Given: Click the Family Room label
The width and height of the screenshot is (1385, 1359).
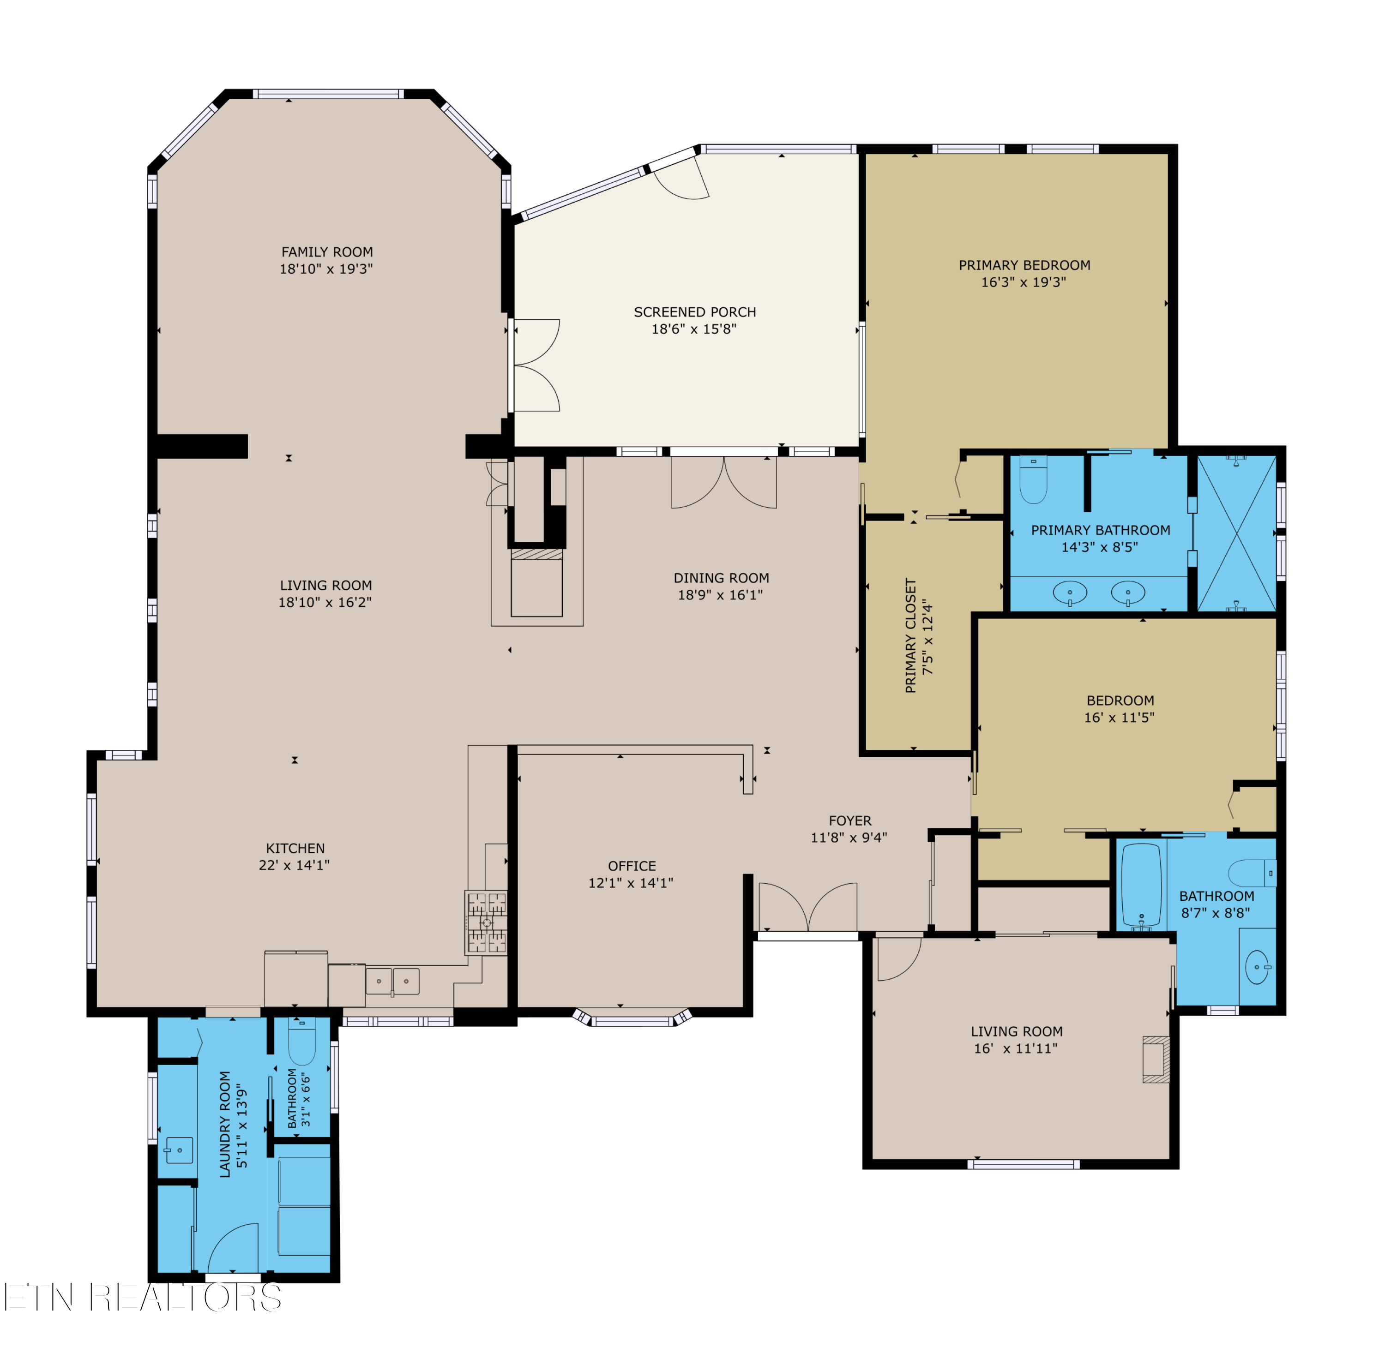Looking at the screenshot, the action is click(x=327, y=252).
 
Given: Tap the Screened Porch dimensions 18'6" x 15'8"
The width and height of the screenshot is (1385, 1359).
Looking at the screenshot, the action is click(x=694, y=329).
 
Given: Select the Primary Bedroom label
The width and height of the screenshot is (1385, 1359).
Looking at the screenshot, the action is click(x=1024, y=265).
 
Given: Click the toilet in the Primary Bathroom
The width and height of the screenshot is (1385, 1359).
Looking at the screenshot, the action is click(x=1033, y=479).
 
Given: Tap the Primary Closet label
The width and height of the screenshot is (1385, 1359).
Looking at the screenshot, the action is click(x=910, y=635).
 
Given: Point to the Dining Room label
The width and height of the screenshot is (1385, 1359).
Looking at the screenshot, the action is click(x=721, y=578).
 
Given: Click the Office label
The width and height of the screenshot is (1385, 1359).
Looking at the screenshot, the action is click(x=632, y=866).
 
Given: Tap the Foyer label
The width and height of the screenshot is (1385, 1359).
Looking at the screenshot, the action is click(x=849, y=821).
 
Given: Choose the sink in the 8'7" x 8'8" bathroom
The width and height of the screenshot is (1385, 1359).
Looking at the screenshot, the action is click(x=1257, y=967).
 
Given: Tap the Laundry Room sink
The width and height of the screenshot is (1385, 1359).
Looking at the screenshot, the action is click(x=179, y=1150).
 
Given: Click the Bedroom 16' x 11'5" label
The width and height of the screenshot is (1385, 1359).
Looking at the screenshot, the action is click(x=1120, y=701).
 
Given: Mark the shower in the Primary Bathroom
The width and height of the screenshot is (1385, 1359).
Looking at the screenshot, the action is click(x=1236, y=533).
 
